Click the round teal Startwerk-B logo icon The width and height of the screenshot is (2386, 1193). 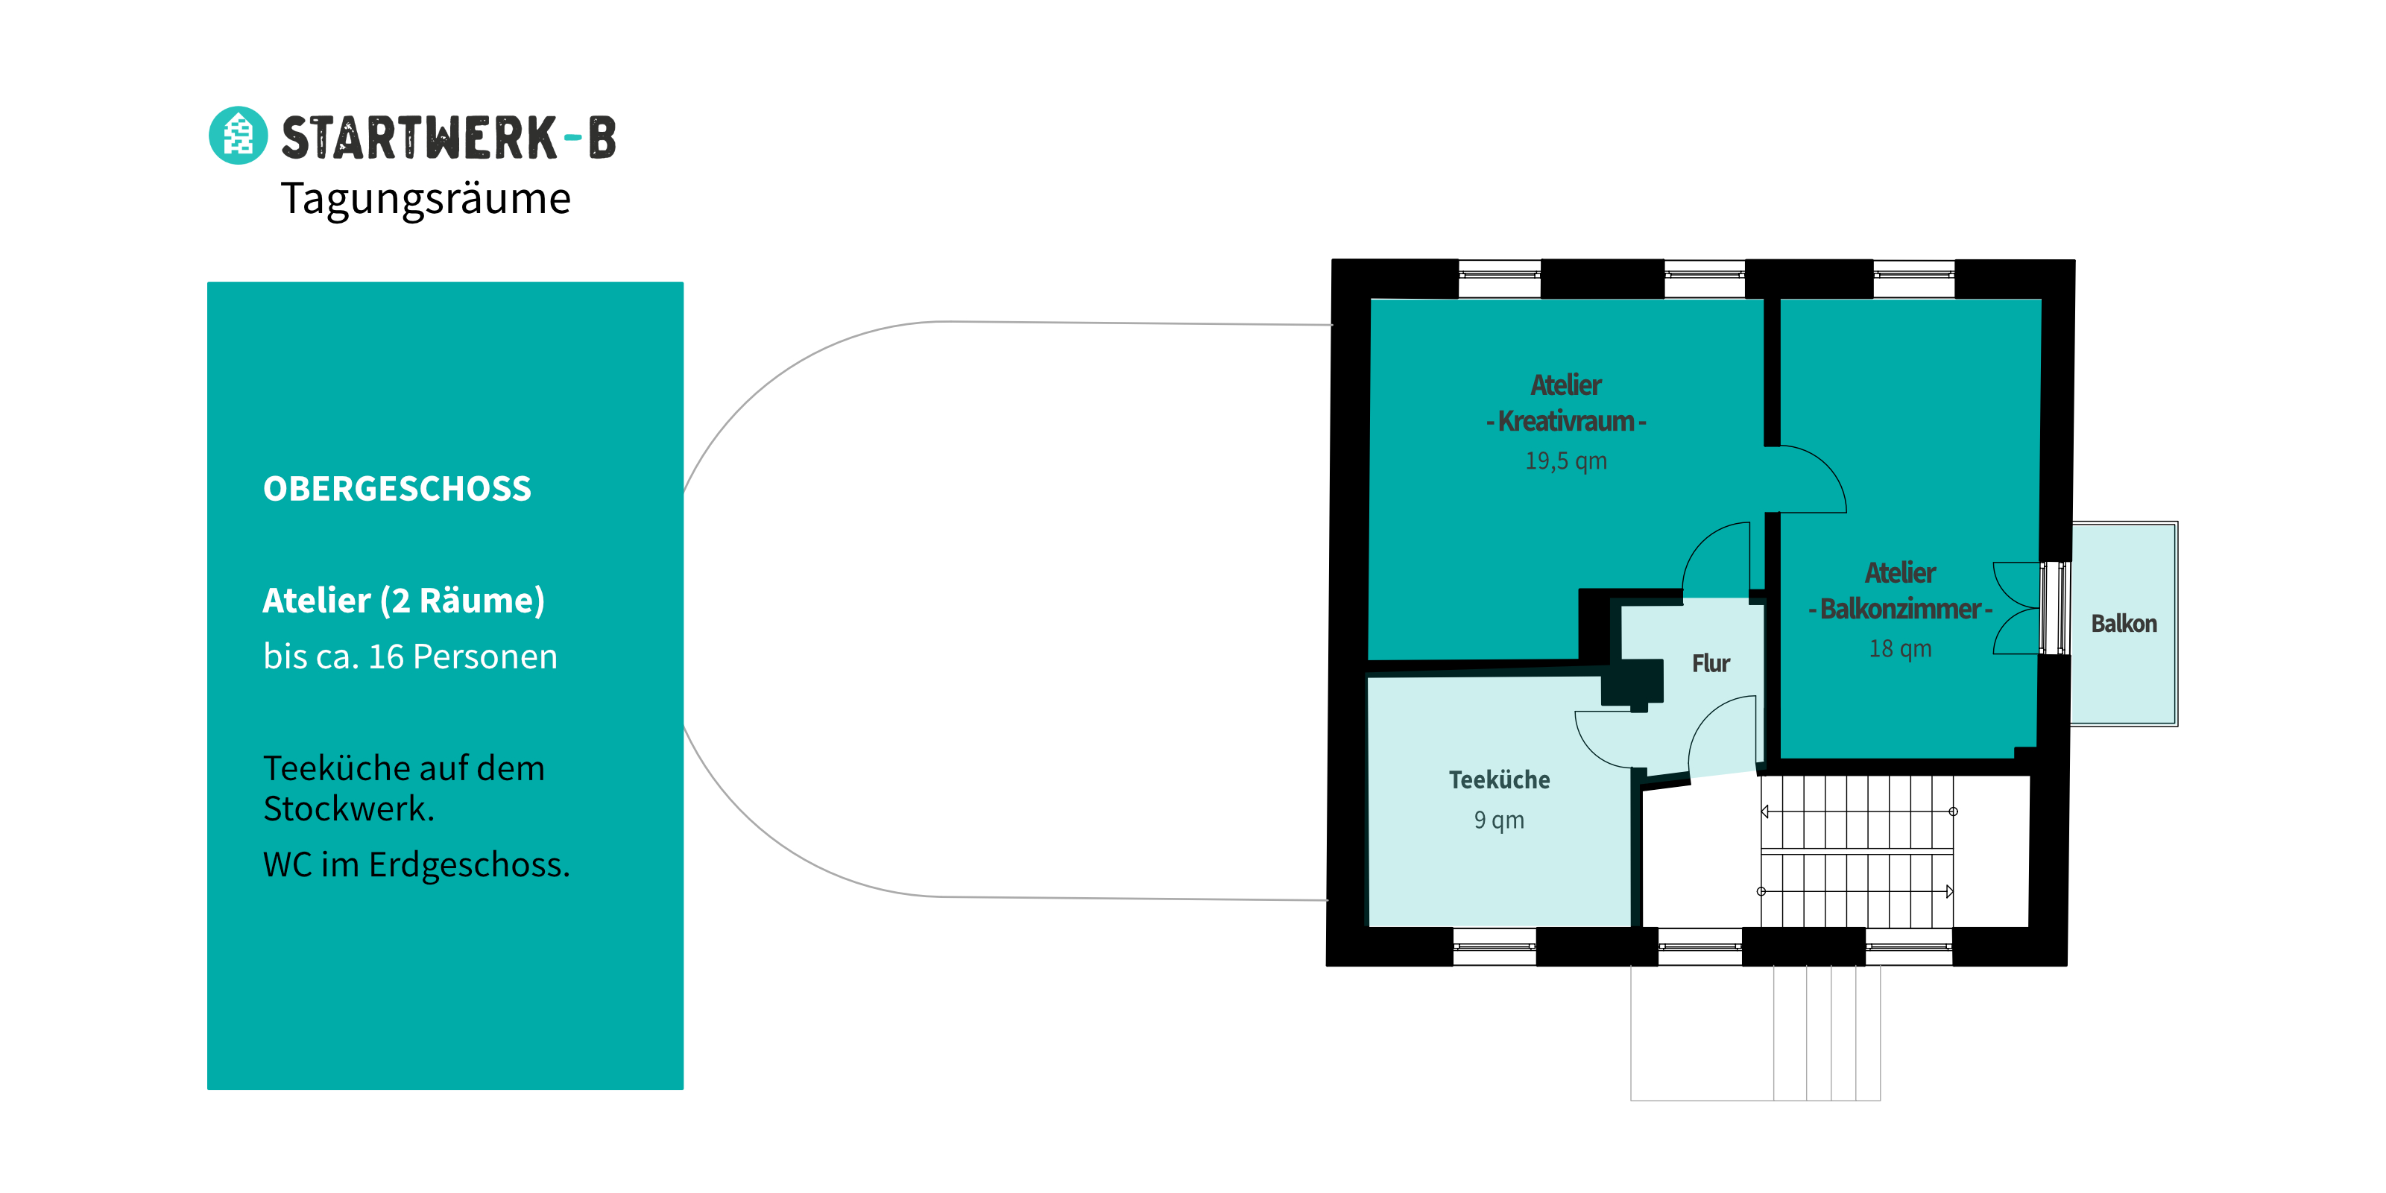(x=238, y=135)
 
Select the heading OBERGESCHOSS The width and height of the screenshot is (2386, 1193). (x=397, y=489)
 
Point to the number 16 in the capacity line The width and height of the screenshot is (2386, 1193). (x=386, y=656)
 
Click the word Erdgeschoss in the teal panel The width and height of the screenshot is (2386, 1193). (x=470, y=865)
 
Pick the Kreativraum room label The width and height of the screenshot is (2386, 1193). (x=1566, y=422)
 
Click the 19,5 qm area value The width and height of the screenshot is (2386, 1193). (x=1566, y=461)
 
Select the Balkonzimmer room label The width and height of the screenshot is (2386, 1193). (x=1900, y=609)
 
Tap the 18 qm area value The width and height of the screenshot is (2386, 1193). (x=1901, y=648)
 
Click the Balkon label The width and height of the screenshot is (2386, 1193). (x=2124, y=624)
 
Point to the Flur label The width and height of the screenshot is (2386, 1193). (x=1711, y=663)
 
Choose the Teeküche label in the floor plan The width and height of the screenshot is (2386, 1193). (x=1500, y=780)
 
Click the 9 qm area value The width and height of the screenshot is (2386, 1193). (x=1499, y=820)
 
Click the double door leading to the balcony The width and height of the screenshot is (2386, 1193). (x=2017, y=609)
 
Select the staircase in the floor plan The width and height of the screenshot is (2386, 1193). (x=1857, y=851)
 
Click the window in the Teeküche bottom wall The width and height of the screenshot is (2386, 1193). (x=1494, y=946)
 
